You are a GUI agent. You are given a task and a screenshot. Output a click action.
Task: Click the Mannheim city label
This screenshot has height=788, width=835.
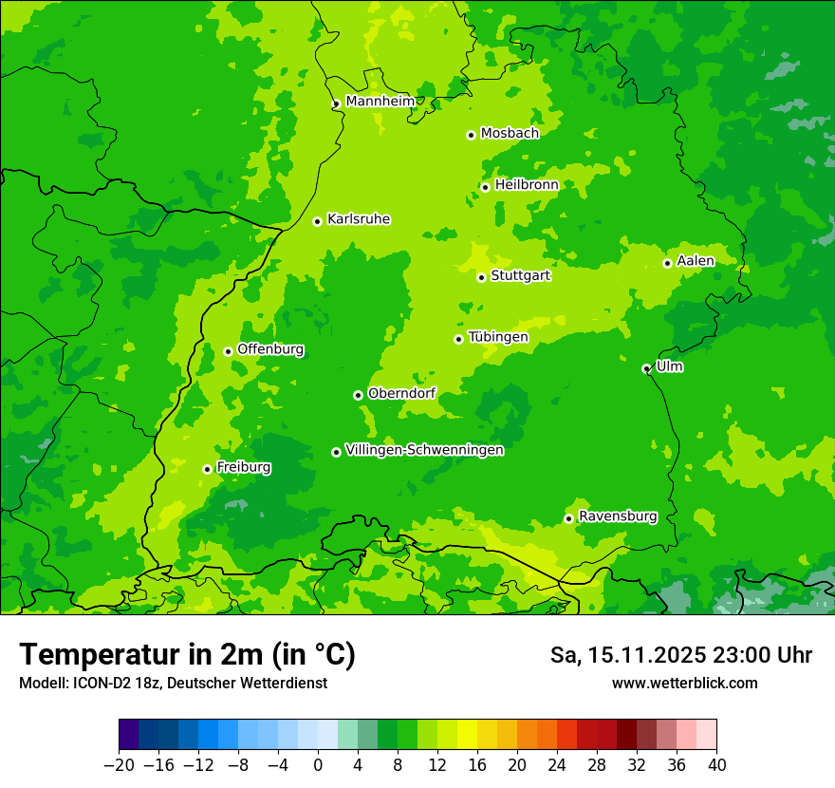click(380, 102)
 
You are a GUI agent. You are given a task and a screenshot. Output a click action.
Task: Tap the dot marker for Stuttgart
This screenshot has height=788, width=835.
click(482, 277)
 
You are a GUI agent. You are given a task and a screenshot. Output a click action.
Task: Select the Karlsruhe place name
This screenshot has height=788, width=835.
click(359, 219)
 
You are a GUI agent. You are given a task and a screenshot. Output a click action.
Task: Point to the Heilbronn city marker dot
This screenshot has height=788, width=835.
click(486, 187)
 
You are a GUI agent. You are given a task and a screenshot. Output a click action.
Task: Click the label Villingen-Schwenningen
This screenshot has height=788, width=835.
click(425, 450)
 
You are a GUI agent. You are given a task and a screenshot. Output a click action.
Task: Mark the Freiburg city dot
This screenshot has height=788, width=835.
click(207, 469)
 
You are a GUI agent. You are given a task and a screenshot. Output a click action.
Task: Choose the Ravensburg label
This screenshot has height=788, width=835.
click(618, 516)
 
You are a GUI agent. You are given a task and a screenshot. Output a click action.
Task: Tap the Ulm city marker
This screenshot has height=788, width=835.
click(647, 368)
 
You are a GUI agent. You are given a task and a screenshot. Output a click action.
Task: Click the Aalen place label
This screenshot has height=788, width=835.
click(696, 261)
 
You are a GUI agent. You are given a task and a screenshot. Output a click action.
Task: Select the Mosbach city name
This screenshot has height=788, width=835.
click(510, 134)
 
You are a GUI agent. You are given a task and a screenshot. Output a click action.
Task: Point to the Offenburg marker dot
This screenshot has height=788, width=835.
click(228, 351)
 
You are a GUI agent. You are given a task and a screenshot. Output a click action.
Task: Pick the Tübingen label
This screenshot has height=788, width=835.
click(498, 337)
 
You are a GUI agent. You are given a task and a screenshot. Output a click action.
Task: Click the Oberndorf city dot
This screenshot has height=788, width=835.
click(358, 395)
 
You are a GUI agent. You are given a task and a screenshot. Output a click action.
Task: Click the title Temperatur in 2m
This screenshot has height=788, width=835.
click(187, 655)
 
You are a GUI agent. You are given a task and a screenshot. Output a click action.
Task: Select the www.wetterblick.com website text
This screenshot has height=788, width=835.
click(684, 684)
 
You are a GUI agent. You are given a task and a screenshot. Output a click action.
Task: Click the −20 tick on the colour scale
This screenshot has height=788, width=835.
click(119, 765)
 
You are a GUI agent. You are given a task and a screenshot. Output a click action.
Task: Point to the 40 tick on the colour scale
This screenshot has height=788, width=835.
click(716, 765)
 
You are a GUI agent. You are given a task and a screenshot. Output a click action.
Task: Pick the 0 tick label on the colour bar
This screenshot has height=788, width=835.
click(318, 765)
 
